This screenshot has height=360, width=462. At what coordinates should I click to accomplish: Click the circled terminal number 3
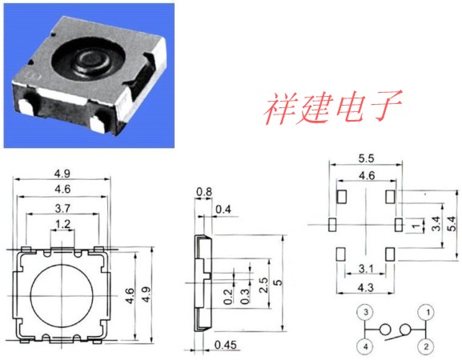point(366,312)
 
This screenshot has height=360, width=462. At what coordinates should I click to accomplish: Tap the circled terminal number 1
point(428,312)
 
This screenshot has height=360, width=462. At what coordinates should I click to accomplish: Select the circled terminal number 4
point(365,346)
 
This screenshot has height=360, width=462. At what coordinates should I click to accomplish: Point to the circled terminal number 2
point(426,346)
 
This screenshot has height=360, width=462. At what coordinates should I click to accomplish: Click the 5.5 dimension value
point(366,158)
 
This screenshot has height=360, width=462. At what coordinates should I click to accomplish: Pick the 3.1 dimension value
point(366,269)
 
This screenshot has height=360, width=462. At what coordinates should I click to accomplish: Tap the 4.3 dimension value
point(366,287)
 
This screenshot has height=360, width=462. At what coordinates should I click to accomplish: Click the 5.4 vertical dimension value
point(452,223)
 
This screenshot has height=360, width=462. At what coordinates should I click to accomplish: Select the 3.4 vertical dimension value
point(436,223)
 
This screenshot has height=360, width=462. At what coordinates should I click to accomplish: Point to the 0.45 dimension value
point(226,345)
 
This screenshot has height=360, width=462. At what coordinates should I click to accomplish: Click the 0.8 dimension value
point(204,192)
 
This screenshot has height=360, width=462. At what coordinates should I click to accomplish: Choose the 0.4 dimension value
point(223,210)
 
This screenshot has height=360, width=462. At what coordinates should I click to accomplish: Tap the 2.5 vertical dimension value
point(263,285)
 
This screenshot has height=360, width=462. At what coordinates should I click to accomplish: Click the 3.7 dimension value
point(62,209)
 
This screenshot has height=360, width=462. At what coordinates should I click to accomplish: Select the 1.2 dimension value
point(63,224)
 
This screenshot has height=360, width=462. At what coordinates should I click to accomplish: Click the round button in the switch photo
point(91,61)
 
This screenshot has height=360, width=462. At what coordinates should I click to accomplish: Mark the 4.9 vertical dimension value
point(147,294)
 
